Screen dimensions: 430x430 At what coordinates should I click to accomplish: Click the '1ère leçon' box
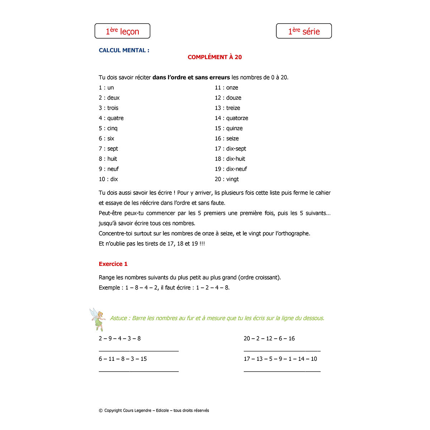tap(122, 31)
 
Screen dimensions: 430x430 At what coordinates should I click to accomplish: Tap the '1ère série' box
tap(304, 31)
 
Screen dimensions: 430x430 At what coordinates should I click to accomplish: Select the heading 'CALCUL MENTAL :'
tap(124, 50)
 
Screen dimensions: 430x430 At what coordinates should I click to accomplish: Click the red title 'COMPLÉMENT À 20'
tap(215, 57)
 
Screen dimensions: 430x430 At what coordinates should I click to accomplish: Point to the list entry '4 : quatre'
tap(111, 118)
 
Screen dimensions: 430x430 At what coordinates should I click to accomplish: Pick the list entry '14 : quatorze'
tap(231, 118)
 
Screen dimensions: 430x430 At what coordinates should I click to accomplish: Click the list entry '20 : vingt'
tap(226, 179)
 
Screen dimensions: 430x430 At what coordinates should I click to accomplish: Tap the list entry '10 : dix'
tap(108, 179)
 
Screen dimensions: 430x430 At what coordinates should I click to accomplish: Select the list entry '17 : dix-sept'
tap(230, 149)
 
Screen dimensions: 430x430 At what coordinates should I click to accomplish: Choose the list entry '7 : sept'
tap(108, 149)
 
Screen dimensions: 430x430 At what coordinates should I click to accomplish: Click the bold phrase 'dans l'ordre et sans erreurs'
tap(191, 77)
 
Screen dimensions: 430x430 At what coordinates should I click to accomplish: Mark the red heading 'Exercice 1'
tap(113, 264)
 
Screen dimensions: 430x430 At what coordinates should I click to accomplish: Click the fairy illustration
tap(97, 319)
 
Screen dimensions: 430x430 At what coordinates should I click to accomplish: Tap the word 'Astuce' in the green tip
tap(119, 318)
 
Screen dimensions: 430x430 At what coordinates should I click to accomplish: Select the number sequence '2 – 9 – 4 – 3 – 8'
tap(120, 339)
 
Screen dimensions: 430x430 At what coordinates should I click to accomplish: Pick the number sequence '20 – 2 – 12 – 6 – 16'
tap(269, 339)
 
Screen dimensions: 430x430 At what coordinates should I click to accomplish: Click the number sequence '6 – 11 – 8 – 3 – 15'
tap(123, 359)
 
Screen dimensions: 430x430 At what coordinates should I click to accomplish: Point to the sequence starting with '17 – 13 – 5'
tap(280, 359)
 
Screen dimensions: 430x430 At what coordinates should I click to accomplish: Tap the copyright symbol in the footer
tap(101, 411)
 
